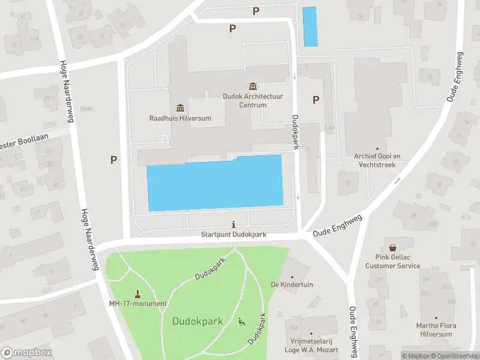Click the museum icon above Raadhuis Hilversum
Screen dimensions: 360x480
click(x=180, y=107)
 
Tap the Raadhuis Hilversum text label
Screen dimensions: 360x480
click(x=180, y=118)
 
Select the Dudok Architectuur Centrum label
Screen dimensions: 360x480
click(x=253, y=100)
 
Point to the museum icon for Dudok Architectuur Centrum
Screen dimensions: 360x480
click(x=253, y=86)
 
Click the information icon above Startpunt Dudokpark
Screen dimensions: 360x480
click(x=233, y=224)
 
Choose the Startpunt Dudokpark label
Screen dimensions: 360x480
click(x=233, y=235)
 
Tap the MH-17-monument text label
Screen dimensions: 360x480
click(x=138, y=304)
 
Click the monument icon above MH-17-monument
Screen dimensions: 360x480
click(x=138, y=293)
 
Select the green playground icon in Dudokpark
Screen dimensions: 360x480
click(x=242, y=321)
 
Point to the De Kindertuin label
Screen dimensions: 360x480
click(x=292, y=284)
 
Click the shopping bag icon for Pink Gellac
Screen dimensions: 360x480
click(x=392, y=247)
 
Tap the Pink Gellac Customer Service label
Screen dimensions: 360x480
click(x=392, y=262)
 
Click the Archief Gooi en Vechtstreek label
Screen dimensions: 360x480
click(x=377, y=159)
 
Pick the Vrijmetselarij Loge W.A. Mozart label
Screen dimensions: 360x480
click(x=310, y=346)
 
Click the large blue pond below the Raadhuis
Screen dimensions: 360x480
click(x=215, y=184)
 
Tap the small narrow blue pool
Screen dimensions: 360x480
click(x=310, y=26)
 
